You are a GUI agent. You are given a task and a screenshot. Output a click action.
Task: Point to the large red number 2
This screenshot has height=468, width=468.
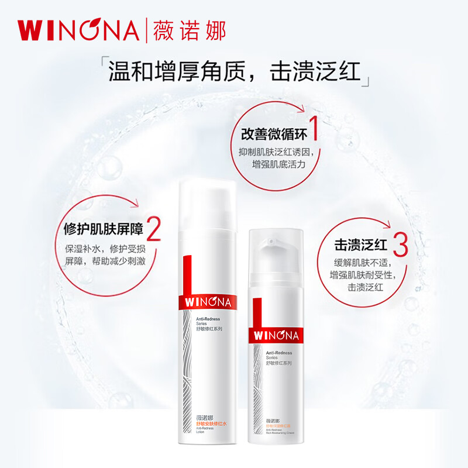153,229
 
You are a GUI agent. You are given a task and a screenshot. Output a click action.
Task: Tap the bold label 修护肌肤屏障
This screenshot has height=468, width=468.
103,230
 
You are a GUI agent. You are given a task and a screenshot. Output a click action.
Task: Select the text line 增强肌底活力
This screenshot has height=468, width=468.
278,164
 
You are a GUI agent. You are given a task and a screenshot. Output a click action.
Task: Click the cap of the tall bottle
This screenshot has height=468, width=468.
207,202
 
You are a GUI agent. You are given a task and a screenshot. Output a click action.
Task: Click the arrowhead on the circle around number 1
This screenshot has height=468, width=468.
302,107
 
